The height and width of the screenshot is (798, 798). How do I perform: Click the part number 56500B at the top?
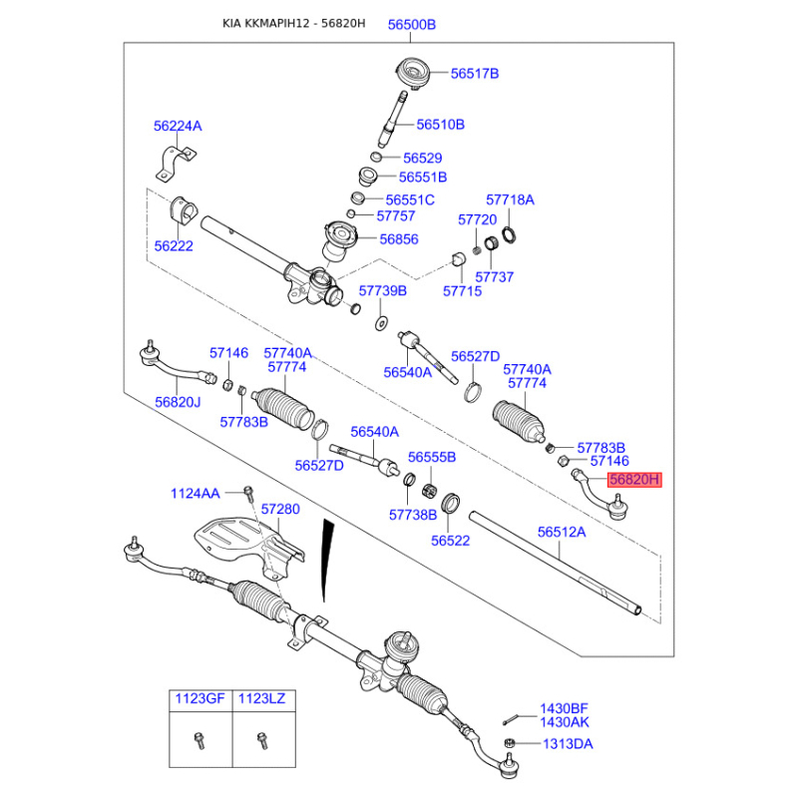click(412, 24)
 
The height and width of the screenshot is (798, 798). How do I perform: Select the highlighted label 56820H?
click(635, 480)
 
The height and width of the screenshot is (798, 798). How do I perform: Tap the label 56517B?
click(474, 73)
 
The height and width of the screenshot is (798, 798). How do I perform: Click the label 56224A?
click(178, 126)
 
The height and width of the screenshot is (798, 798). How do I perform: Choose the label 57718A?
click(510, 199)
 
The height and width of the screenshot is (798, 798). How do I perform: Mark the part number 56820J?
click(178, 401)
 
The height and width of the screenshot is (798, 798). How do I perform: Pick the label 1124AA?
click(195, 493)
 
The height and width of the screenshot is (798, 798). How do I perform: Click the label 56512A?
click(562, 533)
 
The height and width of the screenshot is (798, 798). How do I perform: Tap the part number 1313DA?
click(567, 744)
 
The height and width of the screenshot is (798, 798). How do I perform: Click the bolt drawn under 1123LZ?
click(262, 741)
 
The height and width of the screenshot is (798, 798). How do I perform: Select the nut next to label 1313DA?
click(509, 743)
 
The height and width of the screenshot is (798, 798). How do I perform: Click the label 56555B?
click(431, 457)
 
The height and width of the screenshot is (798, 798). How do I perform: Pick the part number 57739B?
click(383, 290)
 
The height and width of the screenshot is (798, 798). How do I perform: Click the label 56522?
click(450, 540)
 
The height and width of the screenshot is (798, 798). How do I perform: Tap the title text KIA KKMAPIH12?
click(265, 24)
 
